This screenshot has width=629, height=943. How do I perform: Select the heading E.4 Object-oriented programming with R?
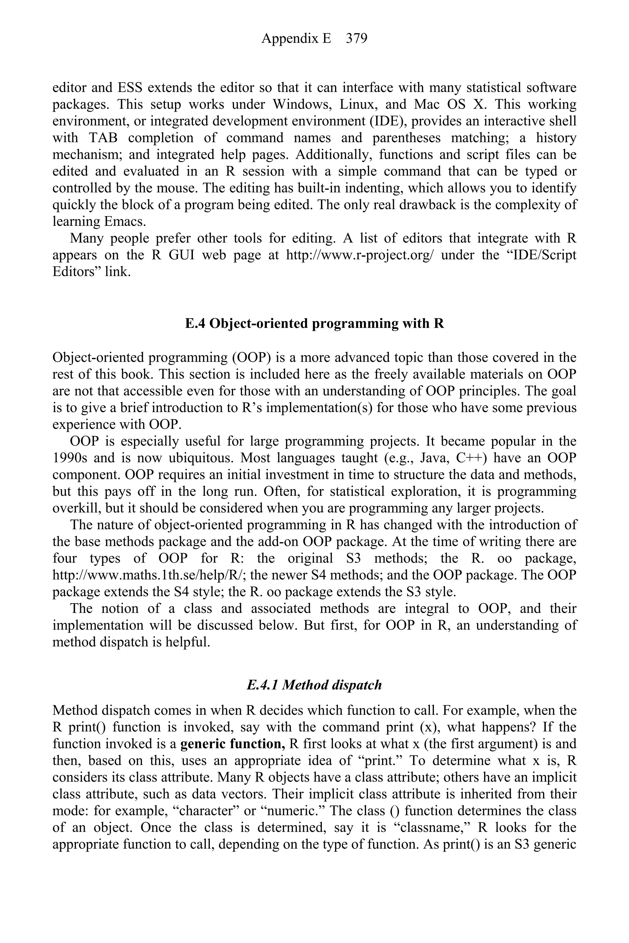(314, 323)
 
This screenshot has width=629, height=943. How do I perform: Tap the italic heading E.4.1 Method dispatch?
(314, 685)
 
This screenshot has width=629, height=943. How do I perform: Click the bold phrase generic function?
(233, 744)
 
